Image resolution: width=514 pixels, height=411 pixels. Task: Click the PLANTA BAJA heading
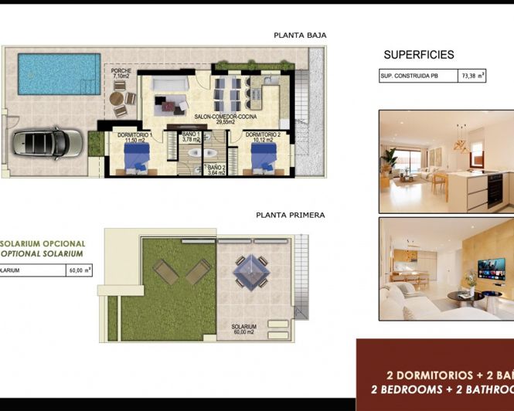click(x=300, y=35)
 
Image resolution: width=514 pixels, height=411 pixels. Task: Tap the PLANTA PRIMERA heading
click(x=290, y=216)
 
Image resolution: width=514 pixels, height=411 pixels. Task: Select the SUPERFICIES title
click(x=419, y=55)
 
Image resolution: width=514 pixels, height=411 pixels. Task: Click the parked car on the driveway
click(x=46, y=142)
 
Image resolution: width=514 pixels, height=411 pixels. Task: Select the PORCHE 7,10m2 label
click(x=121, y=74)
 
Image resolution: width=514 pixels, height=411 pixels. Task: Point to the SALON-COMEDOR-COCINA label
click(x=225, y=119)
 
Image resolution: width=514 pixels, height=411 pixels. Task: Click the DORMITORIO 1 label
click(x=134, y=137)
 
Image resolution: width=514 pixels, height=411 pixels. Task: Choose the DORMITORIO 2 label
click(x=263, y=137)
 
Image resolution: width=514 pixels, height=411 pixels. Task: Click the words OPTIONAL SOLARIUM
click(x=43, y=253)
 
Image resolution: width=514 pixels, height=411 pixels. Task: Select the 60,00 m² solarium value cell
click(x=79, y=270)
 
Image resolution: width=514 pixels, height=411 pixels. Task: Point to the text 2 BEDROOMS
click(x=405, y=389)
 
